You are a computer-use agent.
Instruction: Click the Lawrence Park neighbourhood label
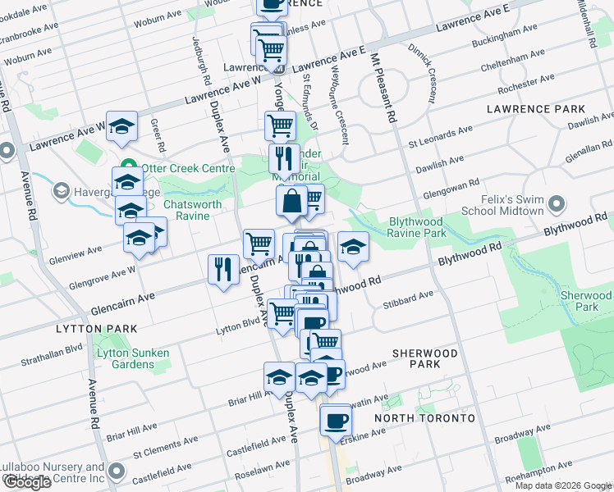(x=536, y=109)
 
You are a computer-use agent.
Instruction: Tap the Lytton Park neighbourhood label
(x=39, y=329)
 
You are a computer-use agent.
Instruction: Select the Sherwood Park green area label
(x=587, y=300)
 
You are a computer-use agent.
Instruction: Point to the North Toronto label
(x=424, y=418)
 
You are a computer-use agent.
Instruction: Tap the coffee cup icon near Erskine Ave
(x=335, y=420)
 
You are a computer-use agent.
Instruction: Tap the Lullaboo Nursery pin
(x=117, y=471)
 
